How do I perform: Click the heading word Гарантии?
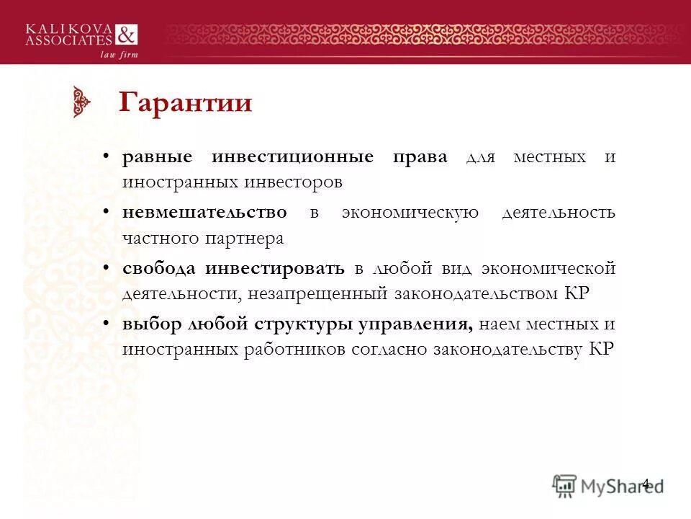pyautogui.click(x=185, y=102)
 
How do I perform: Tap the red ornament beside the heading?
pyautogui.click(x=83, y=102)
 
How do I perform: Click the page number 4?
pyautogui.click(x=645, y=484)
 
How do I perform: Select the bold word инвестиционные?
pyautogui.click(x=292, y=157)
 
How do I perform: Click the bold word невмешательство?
pyautogui.click(x=204, y=213)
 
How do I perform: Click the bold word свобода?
pyautogui.click(x=159, y=269)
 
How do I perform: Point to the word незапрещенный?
pyautogui.click(x=317, y=293)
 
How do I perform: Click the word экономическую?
pyautogui.click(x=410, y=213)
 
